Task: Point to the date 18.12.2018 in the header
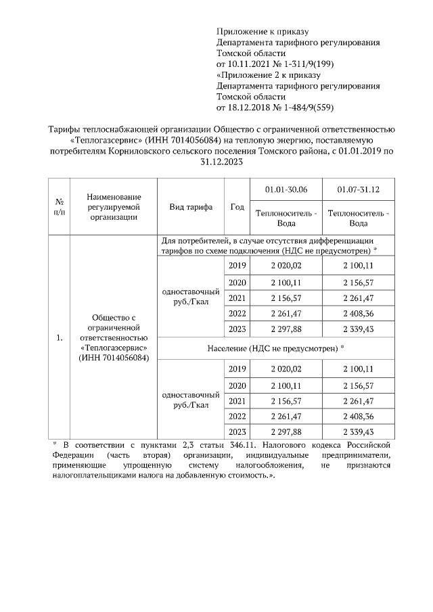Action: point(249,107)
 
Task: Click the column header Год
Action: point(237,207)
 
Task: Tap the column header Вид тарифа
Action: point(191,207)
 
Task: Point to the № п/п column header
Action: point(60,207)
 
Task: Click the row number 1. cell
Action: point(60,337)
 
